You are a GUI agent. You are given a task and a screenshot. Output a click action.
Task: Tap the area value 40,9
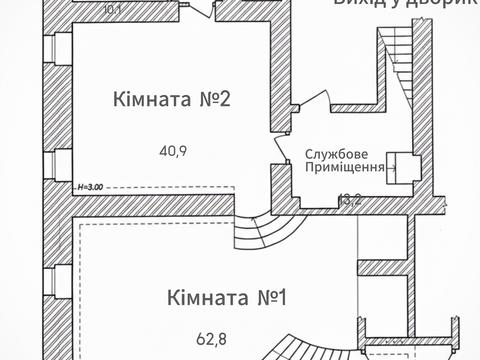point(173,152)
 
